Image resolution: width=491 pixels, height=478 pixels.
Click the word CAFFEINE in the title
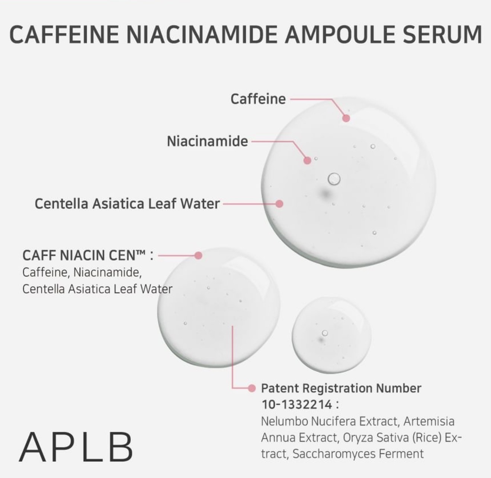[x=64, y=34]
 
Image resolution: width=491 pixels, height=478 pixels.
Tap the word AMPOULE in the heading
[x=339, y=34]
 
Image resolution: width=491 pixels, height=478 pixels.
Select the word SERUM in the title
[x=442, y=34]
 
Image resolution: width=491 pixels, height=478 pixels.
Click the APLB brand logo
[x=76, y=447]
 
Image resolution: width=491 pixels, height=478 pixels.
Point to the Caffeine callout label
[x=258, y=99]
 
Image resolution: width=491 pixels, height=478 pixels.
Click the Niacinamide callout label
[x=208, y=141]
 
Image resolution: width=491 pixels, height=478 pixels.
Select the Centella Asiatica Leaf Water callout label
[x=127, y=204]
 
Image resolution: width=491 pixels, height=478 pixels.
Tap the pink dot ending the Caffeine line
[x=346, y=118]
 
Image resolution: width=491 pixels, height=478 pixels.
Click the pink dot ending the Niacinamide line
[x=307, y=160]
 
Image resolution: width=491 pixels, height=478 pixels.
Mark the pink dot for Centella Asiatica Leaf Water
[x=279, y=204]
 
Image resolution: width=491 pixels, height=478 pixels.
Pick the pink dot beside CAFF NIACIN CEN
[x=199, y=255]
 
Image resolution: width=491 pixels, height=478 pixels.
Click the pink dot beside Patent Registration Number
[x=251, y=388]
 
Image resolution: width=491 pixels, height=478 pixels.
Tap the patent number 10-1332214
[x=297, y=405]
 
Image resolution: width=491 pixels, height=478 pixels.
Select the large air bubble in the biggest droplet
[x=334, y=179]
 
